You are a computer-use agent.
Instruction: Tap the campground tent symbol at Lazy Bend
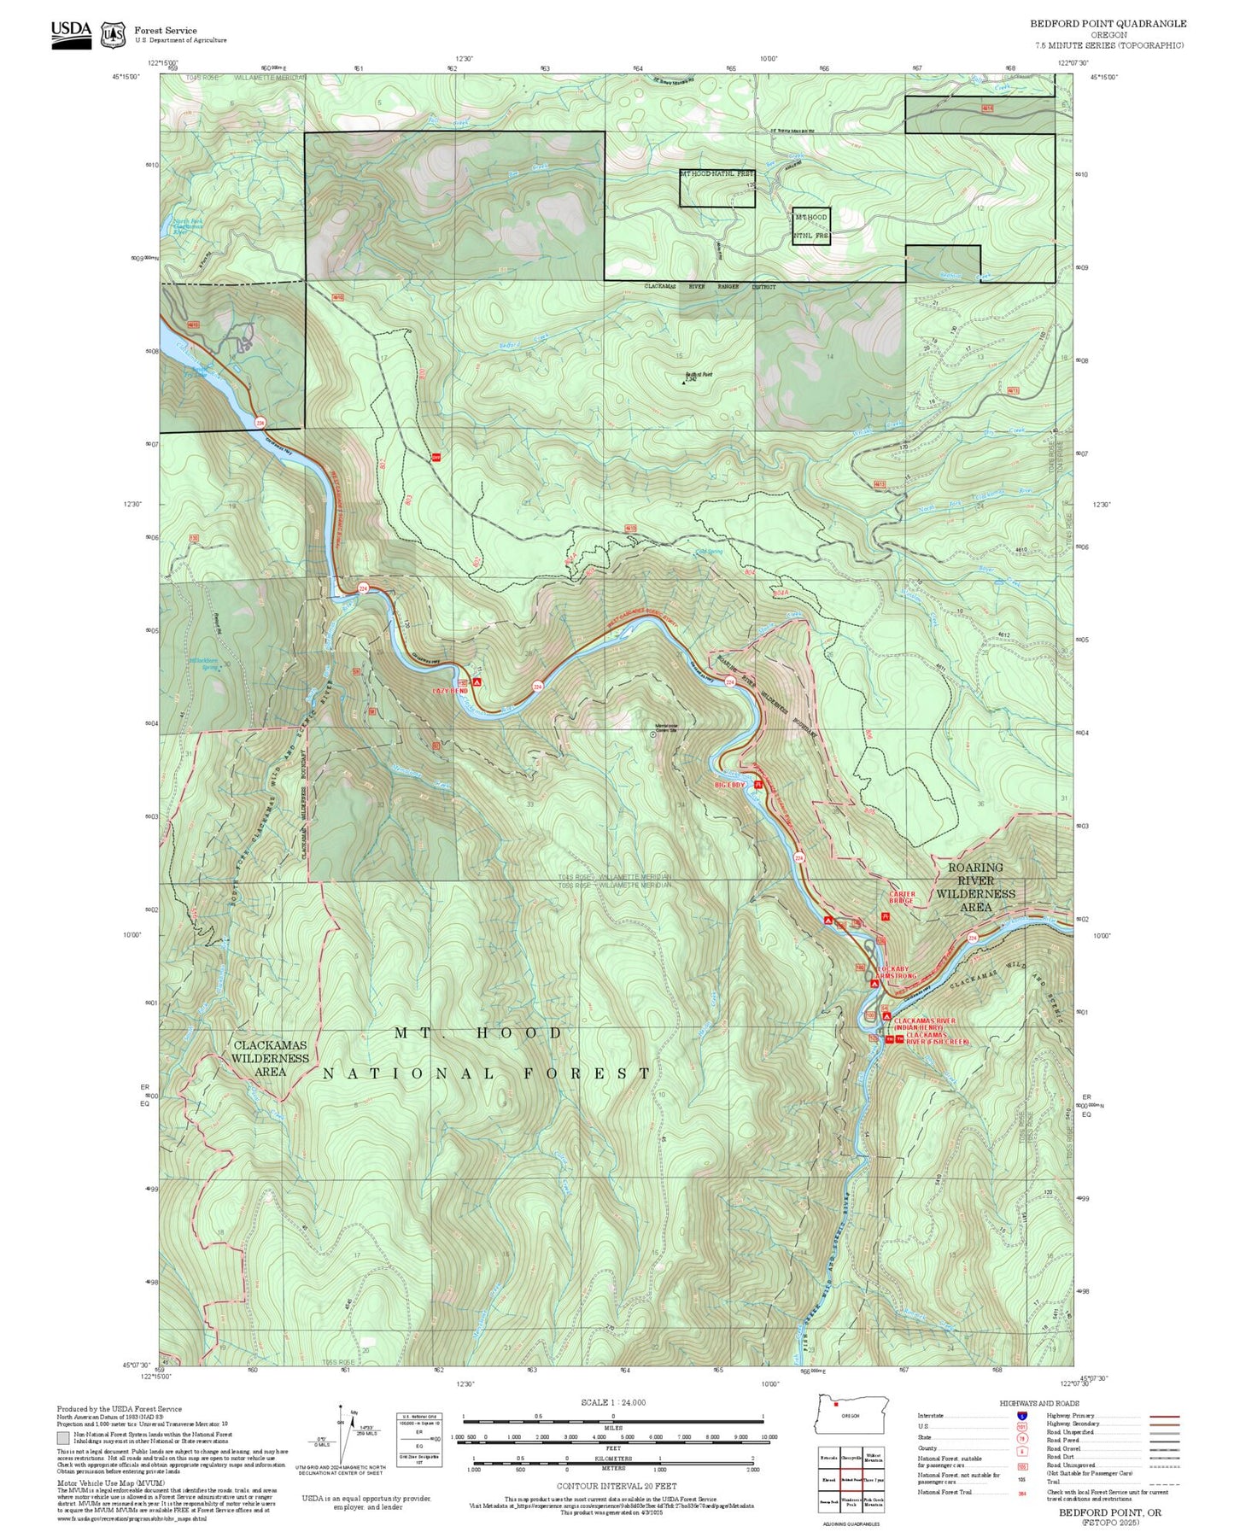tap(477, 682)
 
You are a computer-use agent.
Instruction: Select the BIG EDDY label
tap(730, 784)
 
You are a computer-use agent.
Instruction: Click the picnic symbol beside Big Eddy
tap(758, 784)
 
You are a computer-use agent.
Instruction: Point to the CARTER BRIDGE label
tap(902, 898)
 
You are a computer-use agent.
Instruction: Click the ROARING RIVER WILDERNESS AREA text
tap(976, 886)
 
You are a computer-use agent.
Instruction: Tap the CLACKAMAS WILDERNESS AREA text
tap(270, 1057)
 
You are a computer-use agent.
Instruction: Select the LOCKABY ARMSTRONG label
tap(896, 973)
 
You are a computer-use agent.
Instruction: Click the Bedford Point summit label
tap(699, 375)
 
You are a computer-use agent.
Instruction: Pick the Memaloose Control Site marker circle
tap(654, 734)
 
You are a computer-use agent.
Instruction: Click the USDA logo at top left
tap(71, 34)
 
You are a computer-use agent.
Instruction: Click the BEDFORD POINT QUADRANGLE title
tap(1108, 24)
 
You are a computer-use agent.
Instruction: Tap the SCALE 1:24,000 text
tap(612, 1402)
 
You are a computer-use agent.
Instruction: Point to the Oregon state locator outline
tap(852, 1415)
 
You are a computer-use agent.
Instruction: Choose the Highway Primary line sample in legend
tap(1164, 1416)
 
